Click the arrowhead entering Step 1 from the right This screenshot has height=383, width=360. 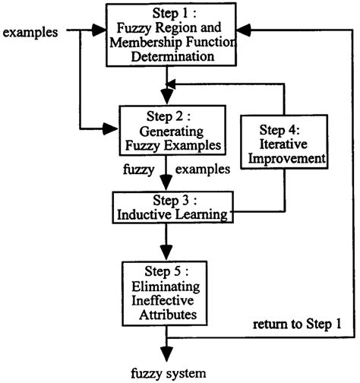click(243, 31)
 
